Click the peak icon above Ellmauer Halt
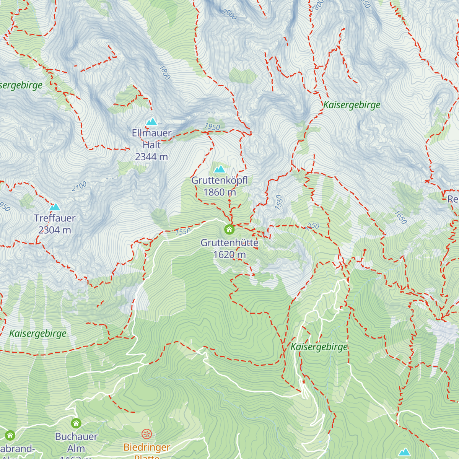tap(151, 122)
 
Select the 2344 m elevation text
tap(151, 157)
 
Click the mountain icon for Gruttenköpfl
tap(220, 169)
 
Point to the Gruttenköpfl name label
tap(220, 180)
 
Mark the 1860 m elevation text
tap(220, 192)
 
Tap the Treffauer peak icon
tap(55, 207)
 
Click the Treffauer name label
tap(55, 218)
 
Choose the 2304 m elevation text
tap(55, 230)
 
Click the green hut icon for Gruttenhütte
tap(229, 229)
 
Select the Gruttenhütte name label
tap(229, 243)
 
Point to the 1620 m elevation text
tap(229, 255)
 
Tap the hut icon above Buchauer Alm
tap(76, 423)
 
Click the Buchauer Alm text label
tap(76, 442)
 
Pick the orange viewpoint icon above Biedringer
tap(147, 434)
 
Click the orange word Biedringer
tap(147, 447)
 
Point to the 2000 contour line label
tap(229, 15)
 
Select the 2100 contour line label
tap(79, 187)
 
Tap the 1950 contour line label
tap(212, 127)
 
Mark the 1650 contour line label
tap(400, 217)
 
